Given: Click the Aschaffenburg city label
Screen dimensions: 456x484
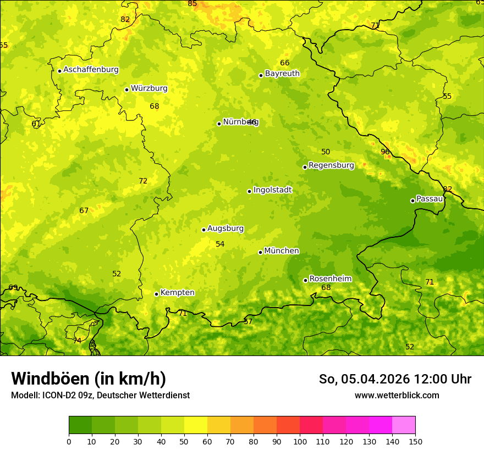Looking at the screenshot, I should (91, 70).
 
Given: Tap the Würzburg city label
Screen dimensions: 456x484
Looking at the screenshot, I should (149, 88).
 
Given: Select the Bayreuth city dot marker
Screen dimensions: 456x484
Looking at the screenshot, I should (261, 75).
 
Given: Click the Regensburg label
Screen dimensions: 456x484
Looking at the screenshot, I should (331, 165).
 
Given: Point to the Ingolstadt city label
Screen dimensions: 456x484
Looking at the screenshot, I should (272, 190).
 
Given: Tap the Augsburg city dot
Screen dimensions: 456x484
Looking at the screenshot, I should (204, 230).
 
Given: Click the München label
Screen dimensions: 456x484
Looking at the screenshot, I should (282, 251).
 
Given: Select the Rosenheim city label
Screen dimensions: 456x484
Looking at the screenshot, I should (330, 279).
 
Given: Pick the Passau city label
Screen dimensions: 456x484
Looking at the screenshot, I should (430, 199).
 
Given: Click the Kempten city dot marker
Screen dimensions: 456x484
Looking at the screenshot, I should (156, 294).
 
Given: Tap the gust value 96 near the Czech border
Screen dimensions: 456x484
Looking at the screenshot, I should (385, 152).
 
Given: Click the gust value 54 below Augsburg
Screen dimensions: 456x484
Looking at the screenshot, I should (220, 244).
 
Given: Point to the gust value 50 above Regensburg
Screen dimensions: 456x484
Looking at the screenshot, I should (326, 152).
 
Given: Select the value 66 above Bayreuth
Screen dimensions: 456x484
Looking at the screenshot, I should (284, 63).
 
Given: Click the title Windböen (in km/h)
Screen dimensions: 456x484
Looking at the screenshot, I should (89, 379).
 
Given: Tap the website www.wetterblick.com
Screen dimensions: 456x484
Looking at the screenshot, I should (397, 396).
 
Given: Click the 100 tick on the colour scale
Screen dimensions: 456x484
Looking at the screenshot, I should (300, 441).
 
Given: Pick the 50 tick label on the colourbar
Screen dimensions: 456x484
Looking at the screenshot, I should (184, 441).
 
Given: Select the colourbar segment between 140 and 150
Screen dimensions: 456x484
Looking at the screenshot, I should (404, 425).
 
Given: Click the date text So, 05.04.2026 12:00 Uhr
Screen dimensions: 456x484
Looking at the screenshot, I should (395, 380).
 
